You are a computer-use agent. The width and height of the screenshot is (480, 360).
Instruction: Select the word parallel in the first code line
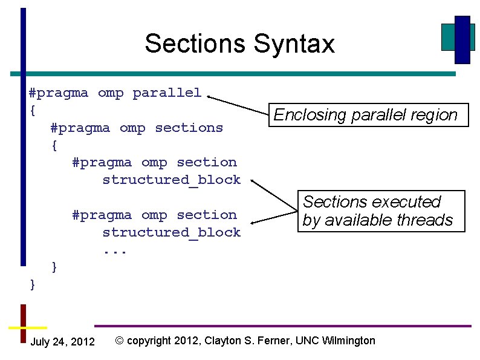pos(167,93)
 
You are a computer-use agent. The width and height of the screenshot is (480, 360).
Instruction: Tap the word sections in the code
pos(189,128)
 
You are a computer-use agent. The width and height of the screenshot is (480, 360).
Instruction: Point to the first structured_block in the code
pos(171,180)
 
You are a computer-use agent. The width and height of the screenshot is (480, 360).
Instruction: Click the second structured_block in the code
pos(171,232)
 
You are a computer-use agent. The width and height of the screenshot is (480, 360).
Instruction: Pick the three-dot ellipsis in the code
pos(114,250)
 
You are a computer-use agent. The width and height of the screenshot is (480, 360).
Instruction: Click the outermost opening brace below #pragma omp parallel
pos(33,111)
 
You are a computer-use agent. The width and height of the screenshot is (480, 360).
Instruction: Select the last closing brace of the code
pos(33,284)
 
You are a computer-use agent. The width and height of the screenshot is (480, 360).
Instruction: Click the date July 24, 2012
pos(62,342)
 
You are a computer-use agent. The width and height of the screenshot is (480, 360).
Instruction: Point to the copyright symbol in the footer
pos(119,341)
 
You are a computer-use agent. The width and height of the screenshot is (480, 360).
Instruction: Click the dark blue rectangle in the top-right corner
pos(462,40)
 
